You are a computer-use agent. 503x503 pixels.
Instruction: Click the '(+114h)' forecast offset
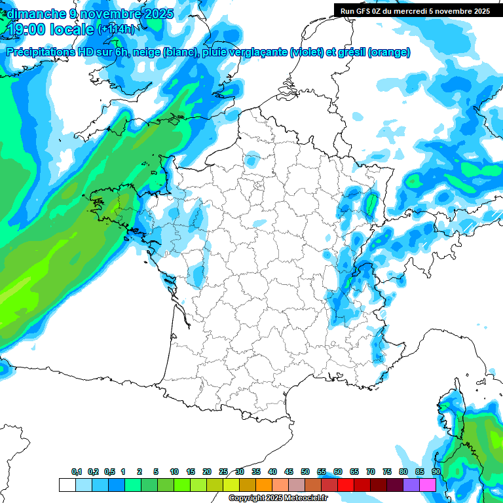coord(116,29)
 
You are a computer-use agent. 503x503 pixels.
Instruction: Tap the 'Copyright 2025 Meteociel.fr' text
coord(278,498)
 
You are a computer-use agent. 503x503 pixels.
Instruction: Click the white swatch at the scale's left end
coord(67,485)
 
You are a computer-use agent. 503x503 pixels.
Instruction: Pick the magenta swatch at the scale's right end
coord(428,485)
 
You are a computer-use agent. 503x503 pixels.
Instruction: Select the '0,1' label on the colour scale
coord(77,472)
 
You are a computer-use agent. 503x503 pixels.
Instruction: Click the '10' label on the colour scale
coord(174,472)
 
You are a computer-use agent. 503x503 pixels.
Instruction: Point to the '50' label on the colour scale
coord(305,472)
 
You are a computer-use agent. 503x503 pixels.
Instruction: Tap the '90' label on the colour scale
coord(436,472)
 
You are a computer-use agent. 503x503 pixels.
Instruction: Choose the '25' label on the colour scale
coord(223,472)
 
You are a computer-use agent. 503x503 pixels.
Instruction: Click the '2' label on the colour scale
coord(140,472)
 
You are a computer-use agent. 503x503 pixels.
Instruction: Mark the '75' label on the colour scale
coord(387,472)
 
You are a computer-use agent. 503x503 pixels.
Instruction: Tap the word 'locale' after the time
coord(73,29)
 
